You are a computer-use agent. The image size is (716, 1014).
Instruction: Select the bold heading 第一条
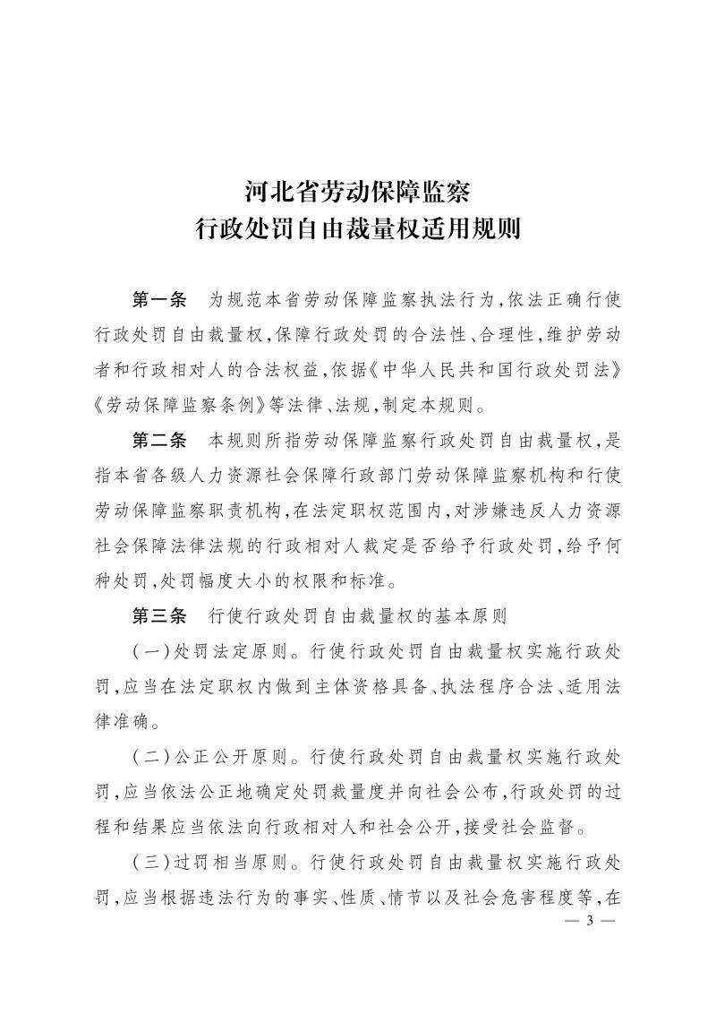[x=158, y=298]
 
